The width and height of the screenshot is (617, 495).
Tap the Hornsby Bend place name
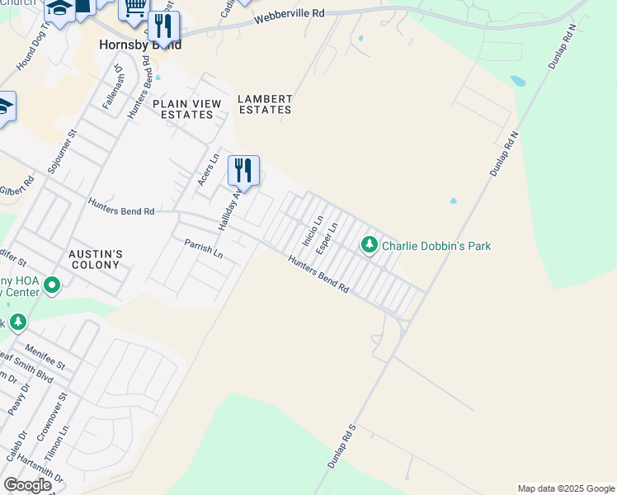click(x=140, y=45)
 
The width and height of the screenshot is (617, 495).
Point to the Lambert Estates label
click(x=265, y=104)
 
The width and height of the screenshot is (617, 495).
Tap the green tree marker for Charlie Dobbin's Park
click(x=370, y=244)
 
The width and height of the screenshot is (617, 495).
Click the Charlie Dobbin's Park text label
click(x=436, y=245)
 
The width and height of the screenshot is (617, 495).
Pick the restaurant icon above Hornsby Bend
click(x=163, y=26)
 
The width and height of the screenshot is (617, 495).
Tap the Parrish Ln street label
click(x=204, y=248)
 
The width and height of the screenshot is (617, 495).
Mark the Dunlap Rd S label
click(x=341, y=445)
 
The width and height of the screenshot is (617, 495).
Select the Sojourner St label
click(x=62, y=149)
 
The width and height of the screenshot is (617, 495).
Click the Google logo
click(x=27, y=485)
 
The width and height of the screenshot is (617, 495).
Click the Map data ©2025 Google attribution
click(x=566, y=488)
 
